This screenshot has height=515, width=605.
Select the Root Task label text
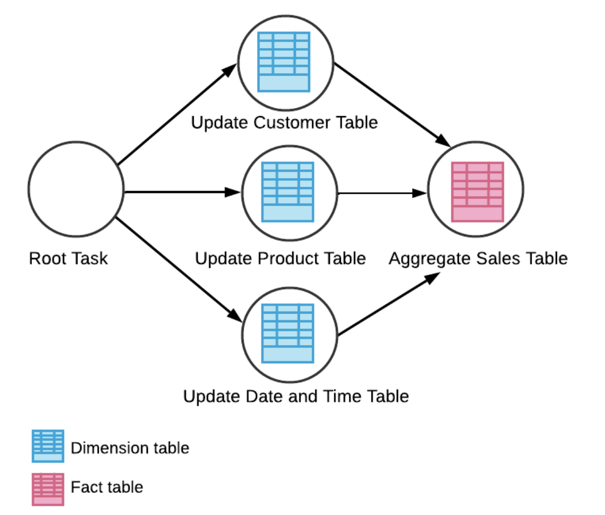(68, 259)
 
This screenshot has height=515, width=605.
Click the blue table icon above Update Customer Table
(284, 62)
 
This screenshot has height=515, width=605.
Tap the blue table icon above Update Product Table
(287, 192)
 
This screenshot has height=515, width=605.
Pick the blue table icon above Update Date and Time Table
(287, 334)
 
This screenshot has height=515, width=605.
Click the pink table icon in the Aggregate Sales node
(477, 192)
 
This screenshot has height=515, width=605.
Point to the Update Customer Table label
(284, 123)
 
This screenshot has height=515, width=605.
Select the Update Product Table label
(280, 259)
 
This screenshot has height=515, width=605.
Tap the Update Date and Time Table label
(296, 396)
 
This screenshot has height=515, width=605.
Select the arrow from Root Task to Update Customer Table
(177, 114)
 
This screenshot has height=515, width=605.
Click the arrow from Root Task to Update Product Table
(183, 192)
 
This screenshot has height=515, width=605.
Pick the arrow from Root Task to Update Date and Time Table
(179, 270)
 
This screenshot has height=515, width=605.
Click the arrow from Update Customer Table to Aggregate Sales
(392, 104)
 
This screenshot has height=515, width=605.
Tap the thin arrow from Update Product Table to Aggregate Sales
(382, 193)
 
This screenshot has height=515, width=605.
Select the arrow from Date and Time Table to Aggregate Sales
(389, 304)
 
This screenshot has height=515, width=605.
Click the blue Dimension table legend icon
(48, 446)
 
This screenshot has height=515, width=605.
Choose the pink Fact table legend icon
(48, 489)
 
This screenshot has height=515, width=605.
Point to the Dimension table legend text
(130, 448)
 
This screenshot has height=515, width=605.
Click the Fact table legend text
(107, 487)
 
